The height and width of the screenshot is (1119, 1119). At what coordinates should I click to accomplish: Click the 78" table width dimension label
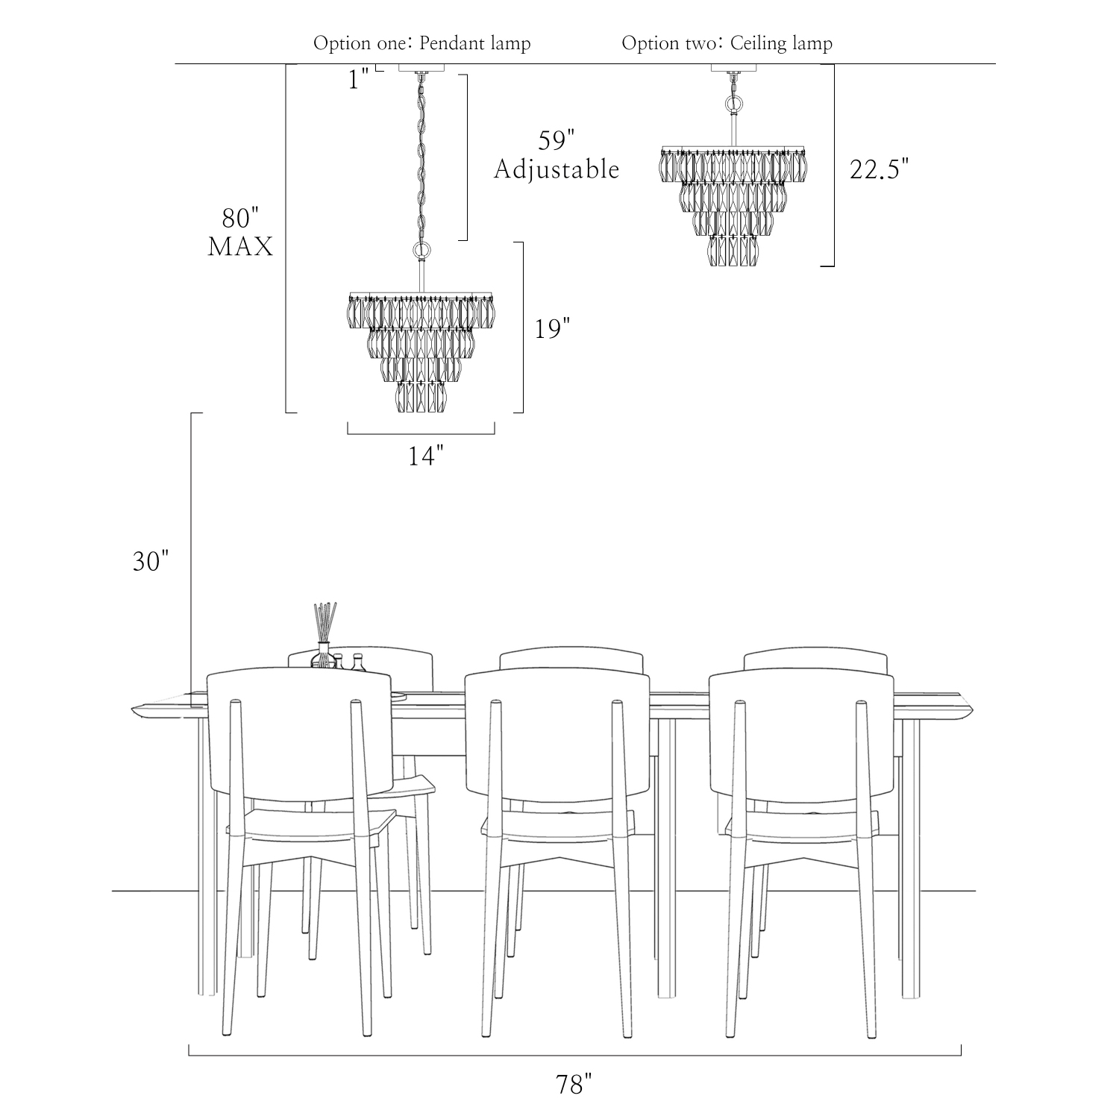click(573, 1084)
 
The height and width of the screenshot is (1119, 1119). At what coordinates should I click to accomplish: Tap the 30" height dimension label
click(151, 561)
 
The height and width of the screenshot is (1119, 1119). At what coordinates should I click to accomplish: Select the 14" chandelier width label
click(426, 455)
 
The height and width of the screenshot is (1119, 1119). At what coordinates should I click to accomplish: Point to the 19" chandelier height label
click(553, 328)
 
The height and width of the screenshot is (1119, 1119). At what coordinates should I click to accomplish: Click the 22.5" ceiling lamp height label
click(880, 169)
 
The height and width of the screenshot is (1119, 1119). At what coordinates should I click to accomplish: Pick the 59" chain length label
click(557, 140)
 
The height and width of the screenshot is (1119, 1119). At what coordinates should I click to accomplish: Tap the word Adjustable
click(557, 169)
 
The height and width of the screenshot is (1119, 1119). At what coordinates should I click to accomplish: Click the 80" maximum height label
click(240, 218)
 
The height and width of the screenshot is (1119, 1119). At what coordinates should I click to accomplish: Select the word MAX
click(240, 247)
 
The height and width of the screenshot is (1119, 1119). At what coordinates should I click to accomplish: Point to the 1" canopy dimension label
click(360, 79)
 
